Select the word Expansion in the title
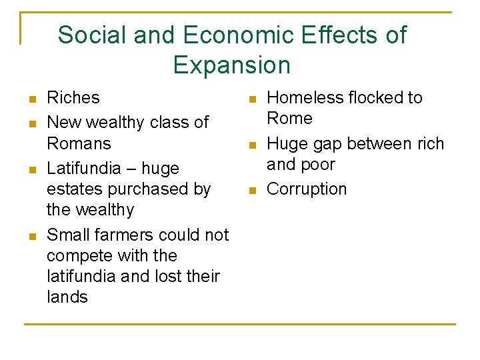coord(231,65)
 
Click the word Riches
coord(73,98)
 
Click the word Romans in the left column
coord(79,143)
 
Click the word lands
coord(67,297)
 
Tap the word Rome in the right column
coord(289,119)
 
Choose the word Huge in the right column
coord(287,143)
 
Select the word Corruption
coord(307,189)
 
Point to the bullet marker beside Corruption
coord(251,191)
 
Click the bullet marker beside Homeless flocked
coord(251,100)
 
